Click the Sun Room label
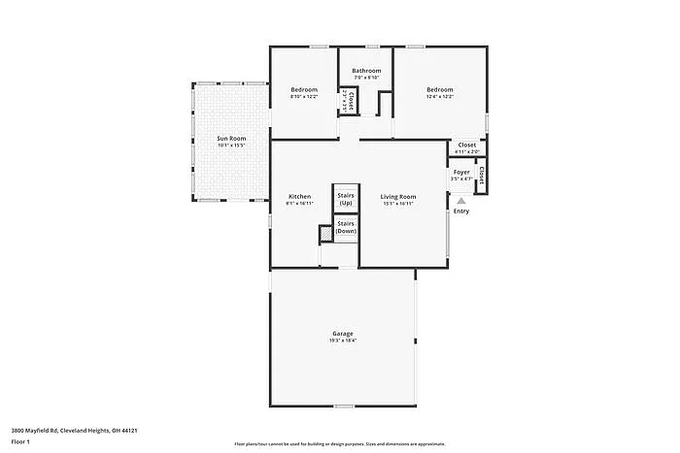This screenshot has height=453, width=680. [231, 139]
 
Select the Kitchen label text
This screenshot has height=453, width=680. [299, 197]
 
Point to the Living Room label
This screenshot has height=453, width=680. [398, 197]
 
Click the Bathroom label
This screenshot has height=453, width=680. [366, 71]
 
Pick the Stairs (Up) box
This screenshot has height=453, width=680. [346, 198]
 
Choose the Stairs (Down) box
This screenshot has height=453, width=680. [346, 228]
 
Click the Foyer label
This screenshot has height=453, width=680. [461, 173]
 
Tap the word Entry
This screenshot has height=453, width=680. [461, 211]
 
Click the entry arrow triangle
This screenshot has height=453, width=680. [461, 201]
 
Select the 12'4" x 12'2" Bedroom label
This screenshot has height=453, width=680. [440, 90]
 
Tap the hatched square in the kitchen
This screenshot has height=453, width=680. [326, 233]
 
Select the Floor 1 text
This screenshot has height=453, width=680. [20, 441]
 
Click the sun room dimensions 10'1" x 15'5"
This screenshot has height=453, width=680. [231, 146]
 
